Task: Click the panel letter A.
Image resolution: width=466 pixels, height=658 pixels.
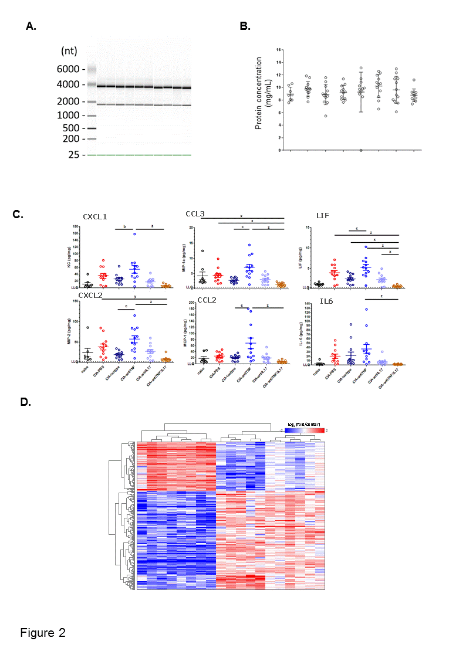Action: (31, 26)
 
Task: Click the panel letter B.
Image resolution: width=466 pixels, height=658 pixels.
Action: (245, 26)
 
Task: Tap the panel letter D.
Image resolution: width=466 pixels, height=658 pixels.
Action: (25, 402)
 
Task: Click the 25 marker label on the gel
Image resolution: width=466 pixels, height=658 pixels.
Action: (75, 155)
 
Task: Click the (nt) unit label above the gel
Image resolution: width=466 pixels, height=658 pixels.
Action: (69, 51)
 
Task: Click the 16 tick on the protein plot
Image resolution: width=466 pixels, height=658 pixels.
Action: (279, 49)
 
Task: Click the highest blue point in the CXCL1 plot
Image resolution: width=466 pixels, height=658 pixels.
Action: (134, 234)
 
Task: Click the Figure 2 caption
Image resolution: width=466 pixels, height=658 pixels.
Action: (43, 633)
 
